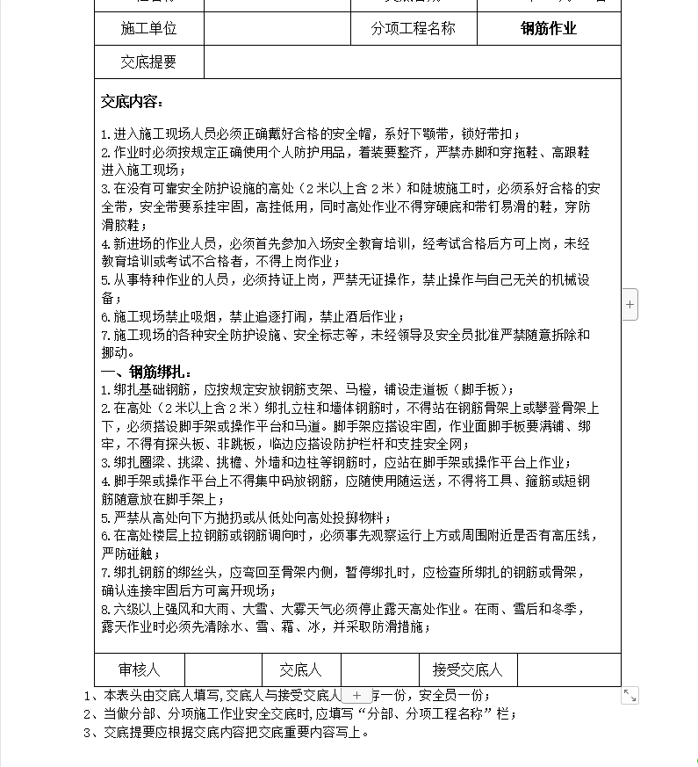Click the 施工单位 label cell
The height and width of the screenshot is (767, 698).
point(148,28)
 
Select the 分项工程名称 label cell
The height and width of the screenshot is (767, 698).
point(414,28)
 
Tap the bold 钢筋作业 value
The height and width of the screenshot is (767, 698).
point(549,28)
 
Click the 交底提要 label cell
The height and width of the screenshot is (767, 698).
point(148,62)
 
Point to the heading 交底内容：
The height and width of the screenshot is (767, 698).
point(133,102)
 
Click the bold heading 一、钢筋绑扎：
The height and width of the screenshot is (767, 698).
point(147,372)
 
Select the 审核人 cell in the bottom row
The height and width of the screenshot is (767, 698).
point(140,670)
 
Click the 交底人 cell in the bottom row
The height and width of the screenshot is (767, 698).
point(300,670)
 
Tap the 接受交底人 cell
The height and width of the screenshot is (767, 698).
point(468,670)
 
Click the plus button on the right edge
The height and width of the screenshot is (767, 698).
point(630,304)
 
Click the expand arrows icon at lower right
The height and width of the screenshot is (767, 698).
point(630,695)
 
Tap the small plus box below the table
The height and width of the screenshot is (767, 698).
point(356,695)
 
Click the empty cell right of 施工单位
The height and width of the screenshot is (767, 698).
point(277,28)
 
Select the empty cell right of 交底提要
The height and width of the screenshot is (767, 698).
point(412,62)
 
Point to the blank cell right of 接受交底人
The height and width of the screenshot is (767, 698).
point(568,670)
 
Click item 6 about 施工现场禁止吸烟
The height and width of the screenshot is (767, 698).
point(253,316)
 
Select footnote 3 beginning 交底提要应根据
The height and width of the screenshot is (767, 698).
point(227,732)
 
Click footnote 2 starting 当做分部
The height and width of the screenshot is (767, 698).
point(299,713)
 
